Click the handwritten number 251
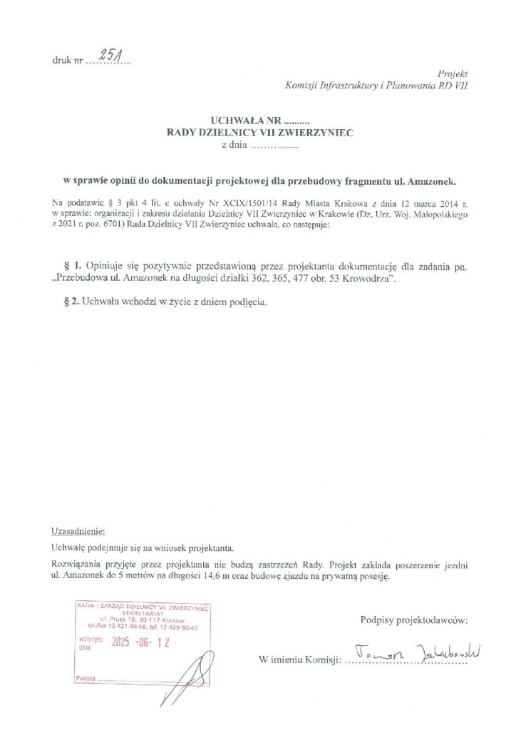[x=111, y=58]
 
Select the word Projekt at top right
[x=453, y=74]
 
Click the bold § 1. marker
[x=69, y=266]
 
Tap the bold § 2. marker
[x=69, y=302]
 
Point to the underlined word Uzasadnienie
[x=78, y=532]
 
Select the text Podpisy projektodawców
[x=414, y=620]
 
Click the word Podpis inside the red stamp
[x=84, y=679]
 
